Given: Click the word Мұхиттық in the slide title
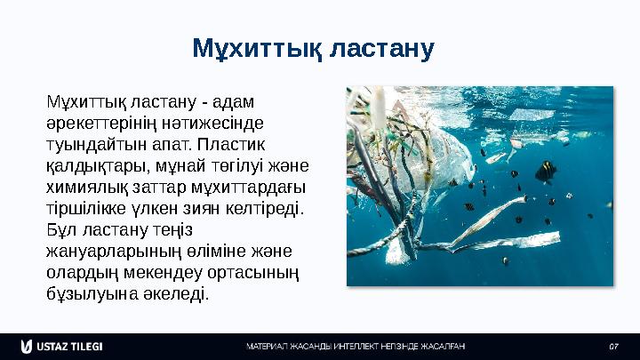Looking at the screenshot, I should [x=256, y=49].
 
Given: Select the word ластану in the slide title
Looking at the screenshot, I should [x=380, y=49].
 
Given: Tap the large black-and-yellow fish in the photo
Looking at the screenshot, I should [x=543, y=170].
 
